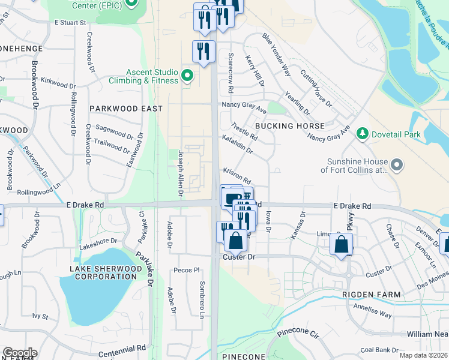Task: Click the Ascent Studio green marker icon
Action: point(187,76)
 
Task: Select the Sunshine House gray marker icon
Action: point(396,164)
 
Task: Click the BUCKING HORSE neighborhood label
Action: point(289,126)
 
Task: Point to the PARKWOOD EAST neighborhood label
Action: point(126,109)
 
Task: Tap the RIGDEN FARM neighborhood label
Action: point(367,294)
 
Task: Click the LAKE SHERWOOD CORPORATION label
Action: point(103,272)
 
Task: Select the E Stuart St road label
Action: point(71,22)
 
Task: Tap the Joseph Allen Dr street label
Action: point(179,173)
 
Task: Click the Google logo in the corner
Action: point(20,353)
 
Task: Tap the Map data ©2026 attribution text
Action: point(423,355)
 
